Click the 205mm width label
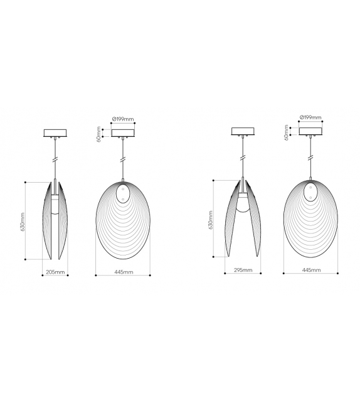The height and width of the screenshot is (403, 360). pos(55,272)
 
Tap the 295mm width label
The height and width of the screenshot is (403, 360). pos(243,270)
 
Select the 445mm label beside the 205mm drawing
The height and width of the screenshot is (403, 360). pos(123,272)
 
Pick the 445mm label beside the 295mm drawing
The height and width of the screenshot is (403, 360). pos(311,270)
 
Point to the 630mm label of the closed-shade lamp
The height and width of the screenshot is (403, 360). pos(23,220)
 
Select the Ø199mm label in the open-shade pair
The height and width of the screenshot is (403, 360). pos(310,117)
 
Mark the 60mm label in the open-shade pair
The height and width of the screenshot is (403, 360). pos(287,133)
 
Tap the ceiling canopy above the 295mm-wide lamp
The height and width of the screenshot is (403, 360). pos(243,132)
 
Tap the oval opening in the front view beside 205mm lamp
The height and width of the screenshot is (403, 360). pos(123,192)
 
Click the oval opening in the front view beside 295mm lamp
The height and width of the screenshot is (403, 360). pos(311,191)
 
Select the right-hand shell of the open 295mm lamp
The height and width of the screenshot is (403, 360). pos(254,220)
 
